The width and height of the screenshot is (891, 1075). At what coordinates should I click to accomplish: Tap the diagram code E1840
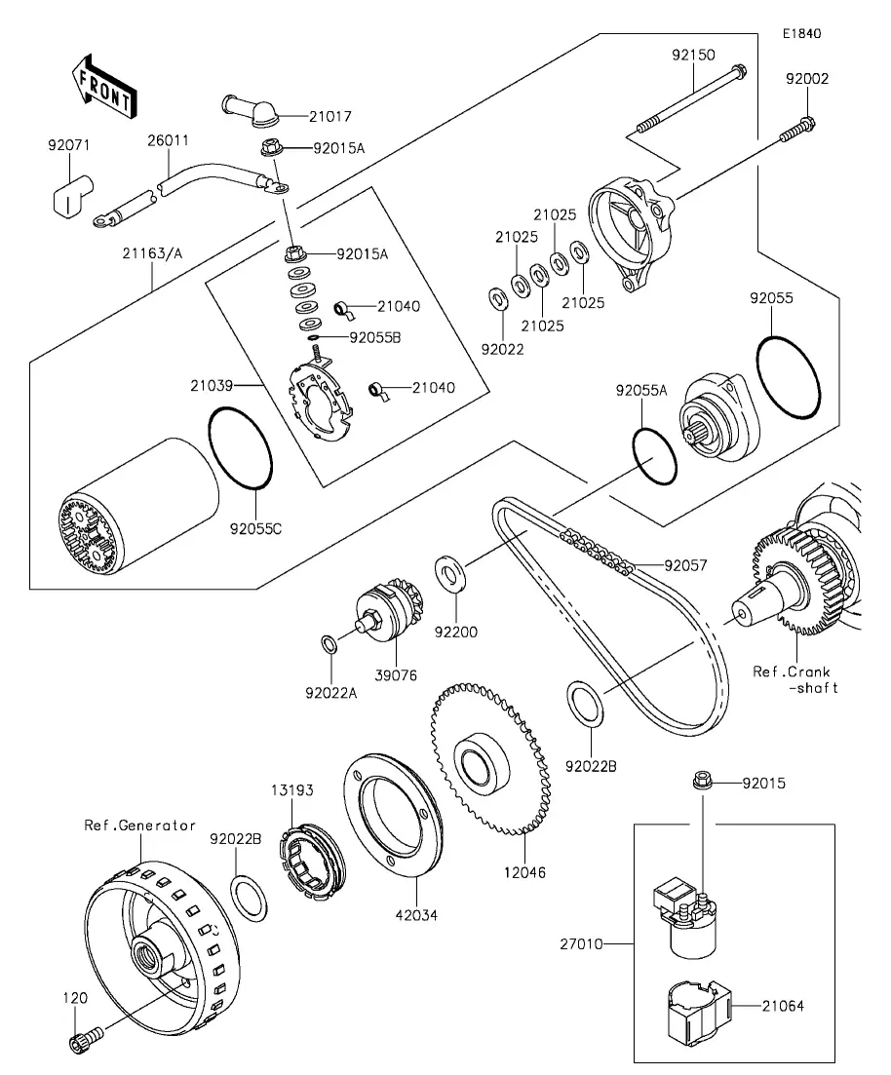(800, 33)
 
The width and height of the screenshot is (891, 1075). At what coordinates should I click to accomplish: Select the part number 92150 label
(693, 56)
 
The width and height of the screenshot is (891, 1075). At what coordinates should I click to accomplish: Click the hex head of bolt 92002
(804, 125)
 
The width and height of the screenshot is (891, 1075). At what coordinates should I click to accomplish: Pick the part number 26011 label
(168, 140)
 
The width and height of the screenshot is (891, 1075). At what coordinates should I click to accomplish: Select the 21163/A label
(152, 253)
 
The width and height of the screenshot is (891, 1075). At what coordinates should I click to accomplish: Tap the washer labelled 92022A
(330, 643)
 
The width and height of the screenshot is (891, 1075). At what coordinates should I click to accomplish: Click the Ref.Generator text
(140, 825)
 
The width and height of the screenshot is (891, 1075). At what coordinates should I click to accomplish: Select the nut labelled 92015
(700, 781)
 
